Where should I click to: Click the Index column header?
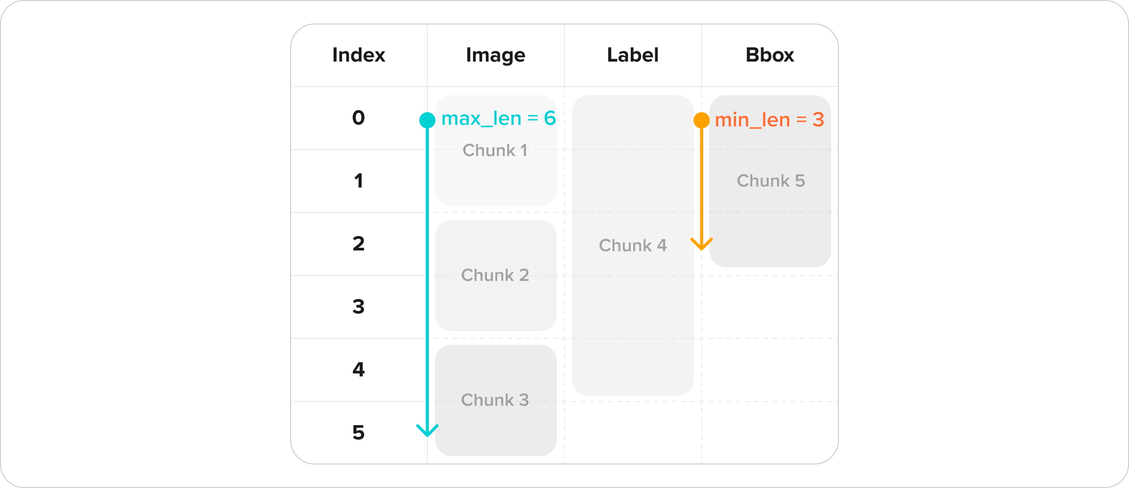coord(359,55)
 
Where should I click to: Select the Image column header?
coord(495,55)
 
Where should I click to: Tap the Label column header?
coord(633,55)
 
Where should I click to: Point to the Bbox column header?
coord(769,55)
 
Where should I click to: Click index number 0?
coord(359,118)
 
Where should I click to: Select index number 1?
coord(359,181)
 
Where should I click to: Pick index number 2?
coord(359,244)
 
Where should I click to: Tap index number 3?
coord(359,307)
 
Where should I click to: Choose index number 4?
coord(359,369)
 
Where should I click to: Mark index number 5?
coord(359,433)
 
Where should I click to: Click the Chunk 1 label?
coord(495,150)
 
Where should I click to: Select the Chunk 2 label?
coord(495,275)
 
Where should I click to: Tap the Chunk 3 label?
coord(495,400)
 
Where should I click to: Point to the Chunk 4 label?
coord(633,245)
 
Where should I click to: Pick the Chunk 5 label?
coord(771,181)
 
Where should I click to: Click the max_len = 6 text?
coord(498,119)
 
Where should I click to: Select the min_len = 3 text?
coord(769,120)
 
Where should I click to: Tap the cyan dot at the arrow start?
coord(427,120)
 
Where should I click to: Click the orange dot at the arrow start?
coord(702,120)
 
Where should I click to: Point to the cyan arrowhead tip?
coord(427,436)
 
